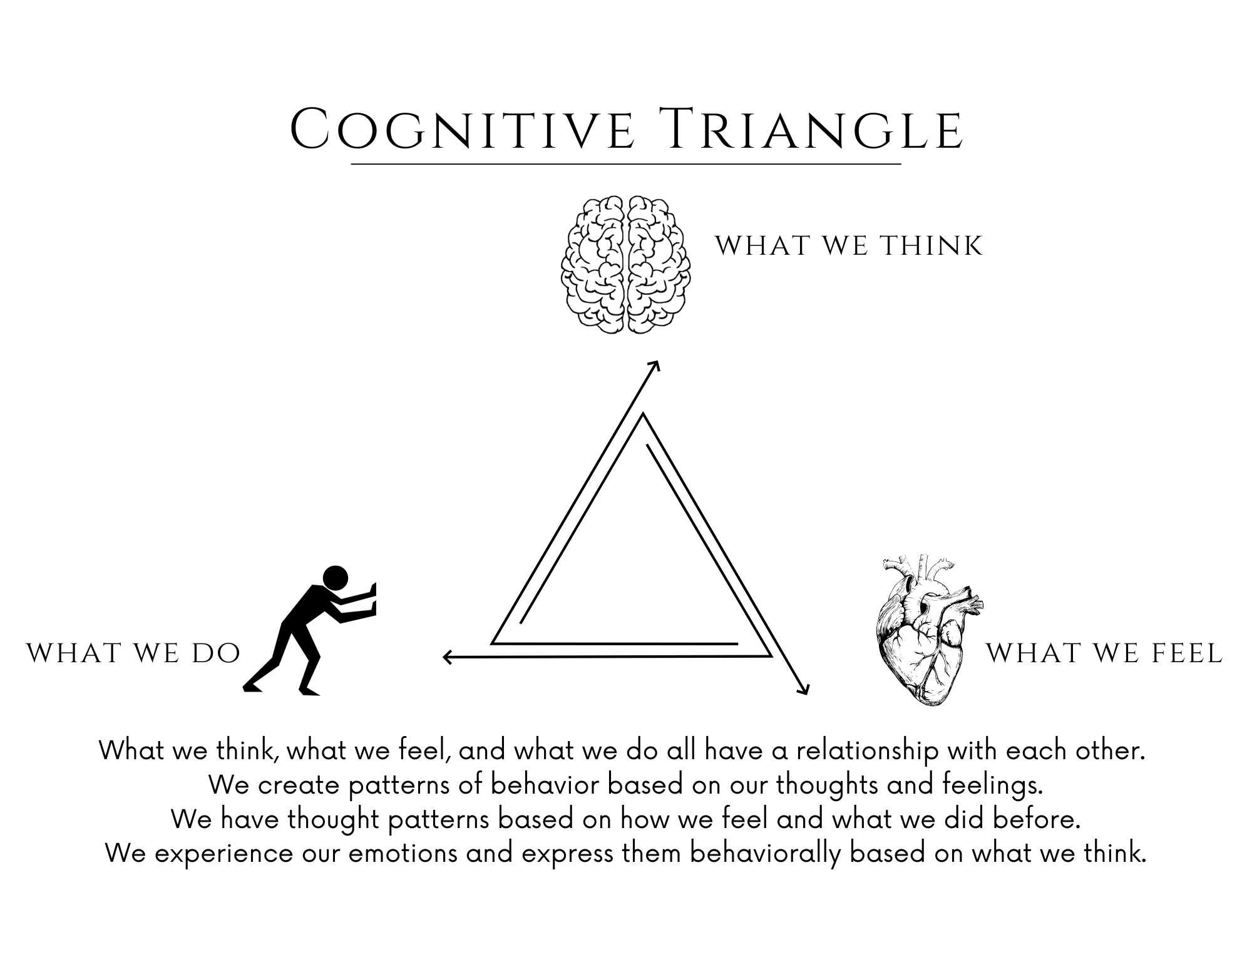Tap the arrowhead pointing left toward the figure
tap(446, 657)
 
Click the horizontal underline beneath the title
tap(626, 164)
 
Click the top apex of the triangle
tap(643, 415)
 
